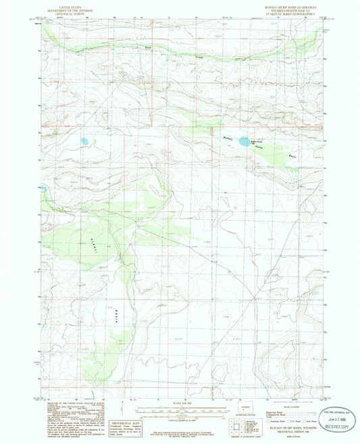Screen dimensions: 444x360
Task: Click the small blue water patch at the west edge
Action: [x=43, y=189]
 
